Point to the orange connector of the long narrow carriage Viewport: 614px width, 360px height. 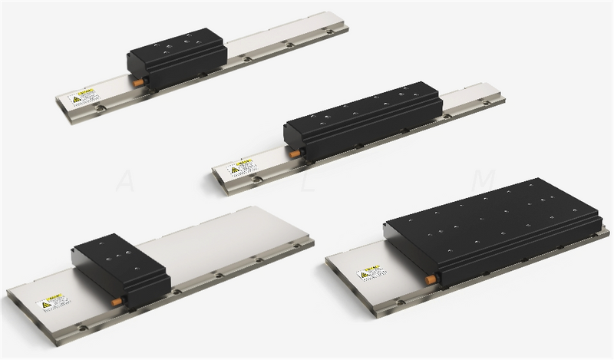(x=295, y=153)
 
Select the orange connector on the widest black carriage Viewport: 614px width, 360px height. (x=431, y=279)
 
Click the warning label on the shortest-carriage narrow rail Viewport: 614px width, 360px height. (x=83, y=97)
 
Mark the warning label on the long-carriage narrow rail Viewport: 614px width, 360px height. (x=241, y=167)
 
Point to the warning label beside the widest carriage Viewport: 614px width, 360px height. (x=370, y=272)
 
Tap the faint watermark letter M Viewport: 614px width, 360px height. (x=484, y=181)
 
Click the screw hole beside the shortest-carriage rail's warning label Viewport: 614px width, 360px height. (x=101, y=108)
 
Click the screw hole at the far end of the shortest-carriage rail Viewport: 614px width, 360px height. (x=329, y=31)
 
